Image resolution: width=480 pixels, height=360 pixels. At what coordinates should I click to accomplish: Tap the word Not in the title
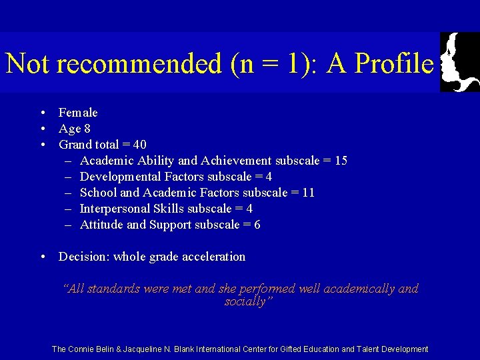(x=28, y=63)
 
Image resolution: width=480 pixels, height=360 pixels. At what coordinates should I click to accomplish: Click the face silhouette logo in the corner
(x=459, y=62)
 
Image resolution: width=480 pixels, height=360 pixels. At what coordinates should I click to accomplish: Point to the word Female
(x=78, y=113)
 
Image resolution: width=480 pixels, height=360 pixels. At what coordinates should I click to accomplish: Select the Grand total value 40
(x=139, y=145)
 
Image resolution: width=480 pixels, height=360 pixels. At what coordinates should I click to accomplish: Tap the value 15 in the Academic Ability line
(x=340, y=161)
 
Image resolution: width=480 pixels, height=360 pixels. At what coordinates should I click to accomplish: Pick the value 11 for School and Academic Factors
(x=307, y=193)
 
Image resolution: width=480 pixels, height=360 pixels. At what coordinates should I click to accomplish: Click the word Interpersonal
(x=115, y=209)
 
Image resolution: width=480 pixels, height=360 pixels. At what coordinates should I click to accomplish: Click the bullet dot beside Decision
(x=42, y=257)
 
